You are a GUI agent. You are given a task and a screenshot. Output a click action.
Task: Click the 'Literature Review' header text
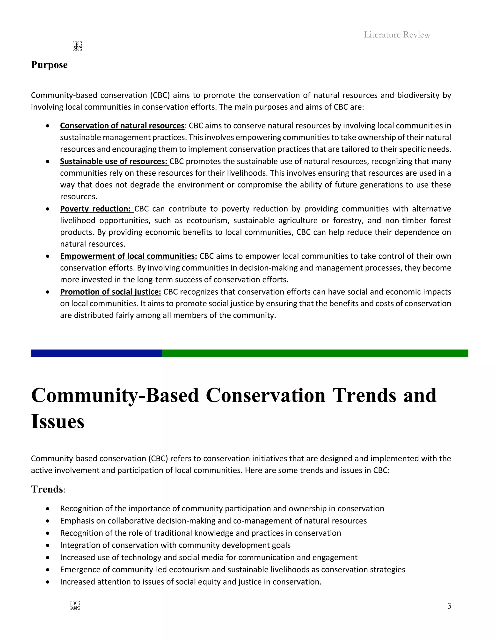pos(397,35)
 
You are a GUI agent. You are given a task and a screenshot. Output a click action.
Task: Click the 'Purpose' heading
pos(49,65)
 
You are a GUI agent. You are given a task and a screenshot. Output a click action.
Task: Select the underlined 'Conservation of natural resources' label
pos(122,126)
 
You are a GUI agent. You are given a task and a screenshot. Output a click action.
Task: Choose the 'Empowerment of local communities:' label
pos(128,256)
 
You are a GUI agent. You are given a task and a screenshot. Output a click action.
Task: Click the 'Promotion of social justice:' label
pos(110,292)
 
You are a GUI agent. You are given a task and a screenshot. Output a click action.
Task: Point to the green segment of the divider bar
pos(315,353)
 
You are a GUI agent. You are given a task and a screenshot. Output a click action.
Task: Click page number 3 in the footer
pos(449,606)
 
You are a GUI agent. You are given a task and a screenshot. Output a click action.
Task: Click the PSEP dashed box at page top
pos(77,46)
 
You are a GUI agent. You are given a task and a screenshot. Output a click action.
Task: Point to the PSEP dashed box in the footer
pos(75,605)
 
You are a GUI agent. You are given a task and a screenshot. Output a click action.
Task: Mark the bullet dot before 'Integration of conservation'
pos(48,545)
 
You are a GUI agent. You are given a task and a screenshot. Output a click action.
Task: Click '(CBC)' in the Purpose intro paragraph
pos(160,95)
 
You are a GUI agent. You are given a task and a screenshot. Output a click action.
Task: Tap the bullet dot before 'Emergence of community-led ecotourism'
pos(48,570)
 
